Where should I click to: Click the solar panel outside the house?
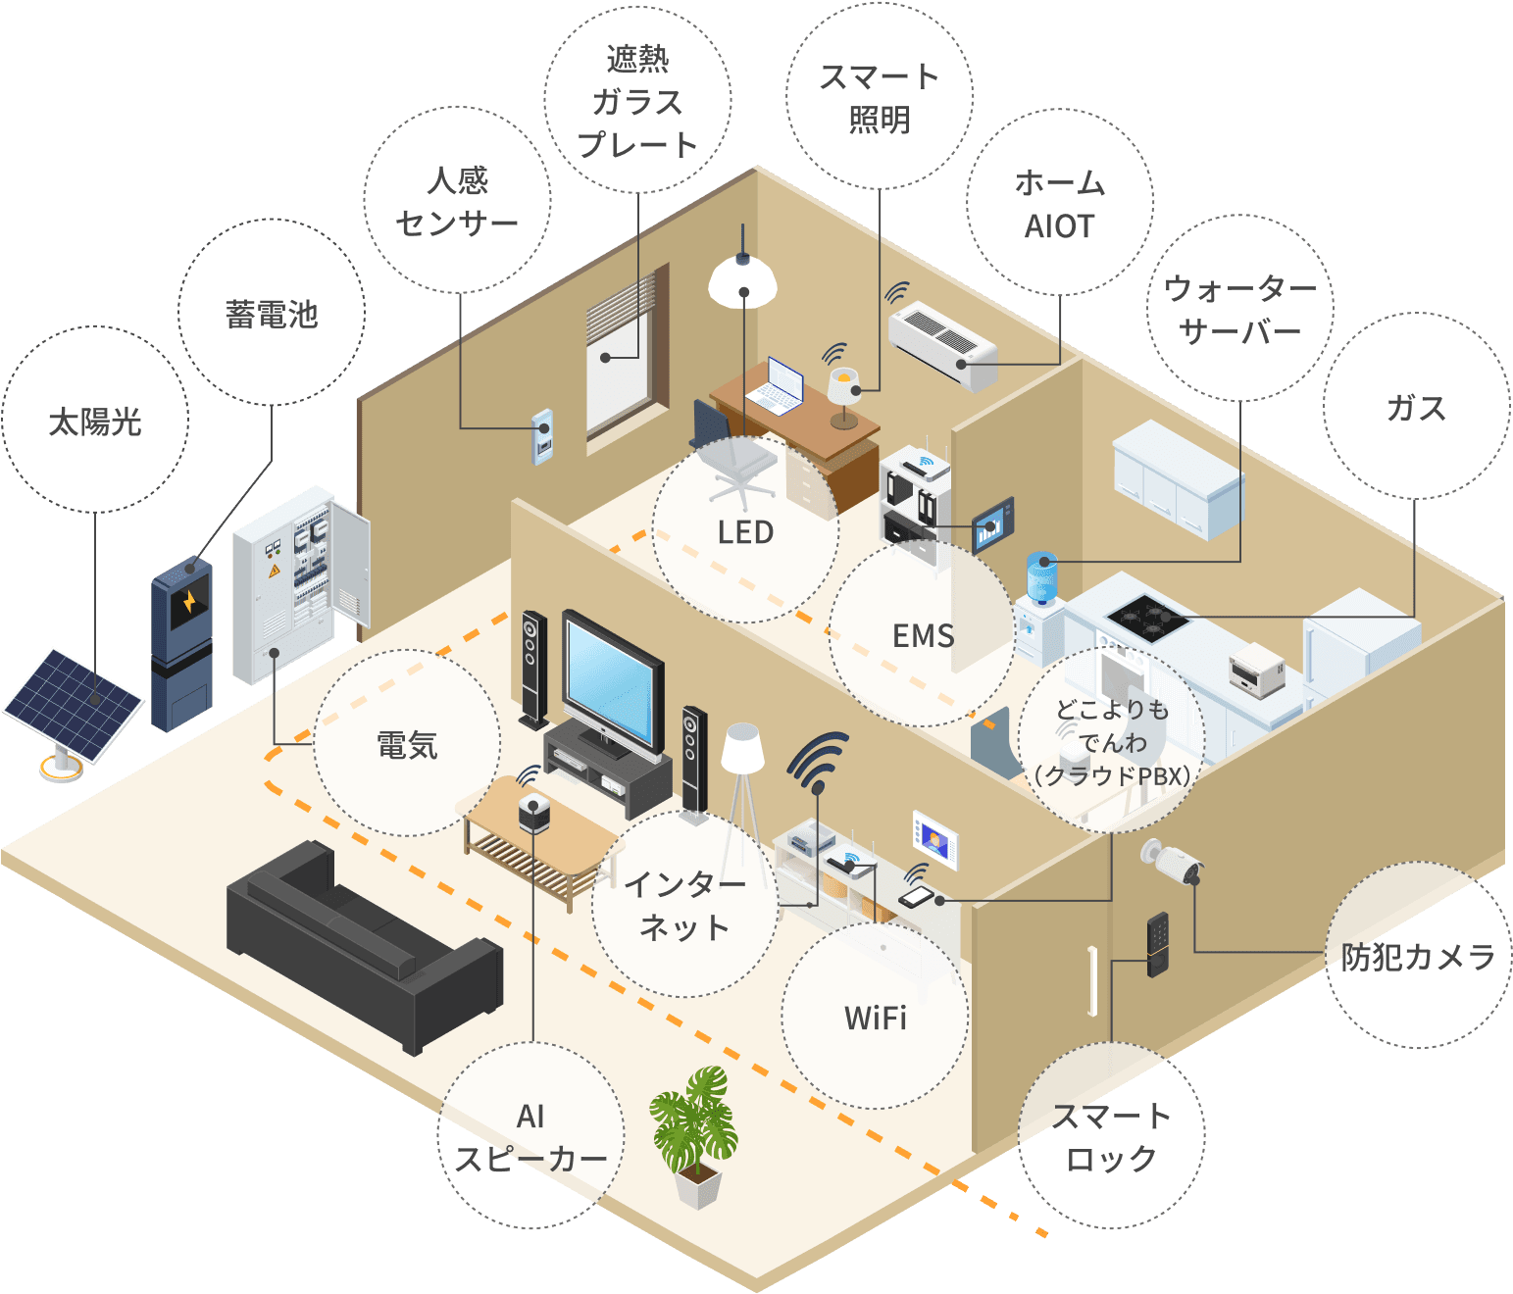coord(74,704)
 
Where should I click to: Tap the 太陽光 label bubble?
coord(95,421)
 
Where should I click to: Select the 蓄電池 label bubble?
coord(272,314)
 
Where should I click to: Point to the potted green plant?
coord(694,1127)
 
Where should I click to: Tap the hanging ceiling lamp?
coord(742,278)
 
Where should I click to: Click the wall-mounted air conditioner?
coord(942,342)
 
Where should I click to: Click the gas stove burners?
coord(1147,617)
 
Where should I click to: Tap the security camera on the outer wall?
coord(1173,863)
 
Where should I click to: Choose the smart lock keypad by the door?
coord(1158,944)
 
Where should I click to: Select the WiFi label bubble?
coord(875,1017)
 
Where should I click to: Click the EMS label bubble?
coord(922,635)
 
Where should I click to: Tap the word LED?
coord(745,532)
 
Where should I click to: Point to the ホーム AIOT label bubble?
coord(1059,204)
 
